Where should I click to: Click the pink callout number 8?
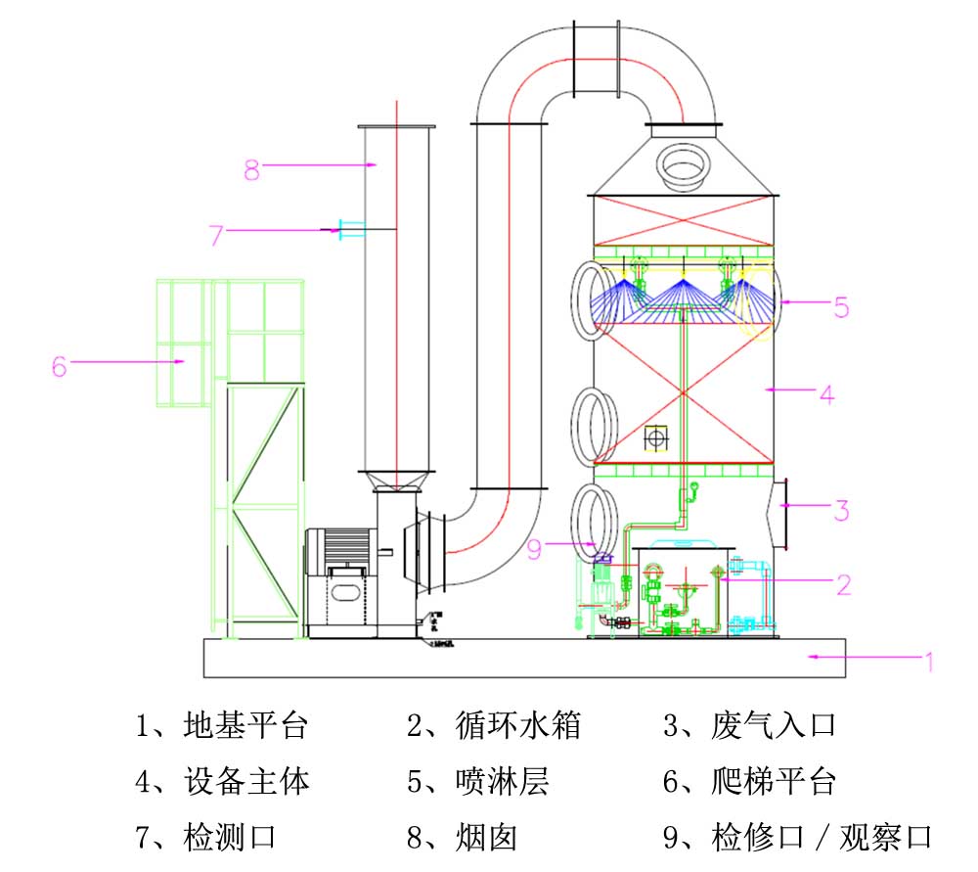pos(252,169)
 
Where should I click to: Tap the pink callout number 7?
pos(216,235)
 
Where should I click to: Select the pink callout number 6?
pos(60,366)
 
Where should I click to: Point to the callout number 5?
pos(840,306)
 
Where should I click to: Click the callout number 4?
pos(826,394)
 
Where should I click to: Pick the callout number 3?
pos(840,510)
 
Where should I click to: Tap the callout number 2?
pos(842,584)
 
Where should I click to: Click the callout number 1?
pos(929,662)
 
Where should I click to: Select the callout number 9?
pos(534,549)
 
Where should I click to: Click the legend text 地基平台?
pos(245,726)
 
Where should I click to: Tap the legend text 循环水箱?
pos(518,726)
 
